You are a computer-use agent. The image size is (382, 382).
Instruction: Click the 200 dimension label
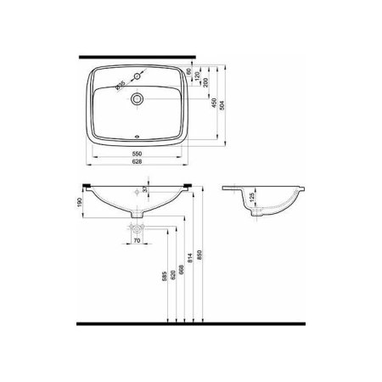[x=202, y=88]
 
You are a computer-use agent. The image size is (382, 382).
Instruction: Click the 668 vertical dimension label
[x=183, y=264]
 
